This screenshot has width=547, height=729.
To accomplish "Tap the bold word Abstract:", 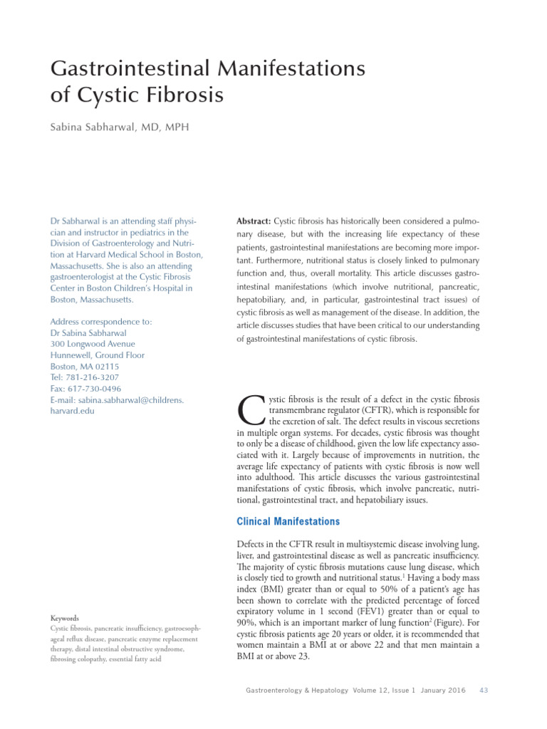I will pyautogui.click(x=254, y=221).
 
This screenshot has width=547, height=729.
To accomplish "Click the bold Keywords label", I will pyautogui.click(x=64, y=618).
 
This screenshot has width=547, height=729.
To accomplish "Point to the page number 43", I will pyautogui.click(x=484, y=690).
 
